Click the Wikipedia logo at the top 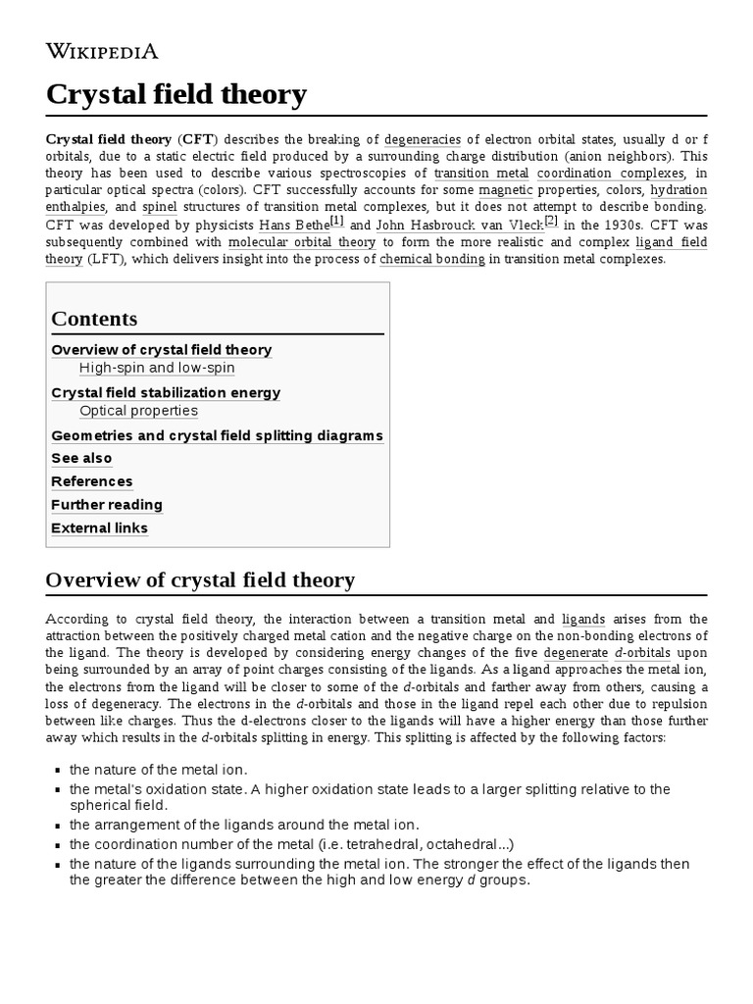coord(102,52)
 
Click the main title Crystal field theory coord(176,95)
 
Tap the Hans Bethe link coord(293,226)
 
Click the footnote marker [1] coord(336,222)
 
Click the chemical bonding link coord(432,259)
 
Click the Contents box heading coord(94,319)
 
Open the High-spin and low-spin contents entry coord(157,368)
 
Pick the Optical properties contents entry coord(138,411)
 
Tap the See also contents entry coord(81,458)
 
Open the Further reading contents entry coord(107,505)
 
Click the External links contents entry coord(99,528)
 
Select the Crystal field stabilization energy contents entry coord(166,392)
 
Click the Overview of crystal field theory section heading coord(200,580)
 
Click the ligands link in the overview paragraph coord(583,620)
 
